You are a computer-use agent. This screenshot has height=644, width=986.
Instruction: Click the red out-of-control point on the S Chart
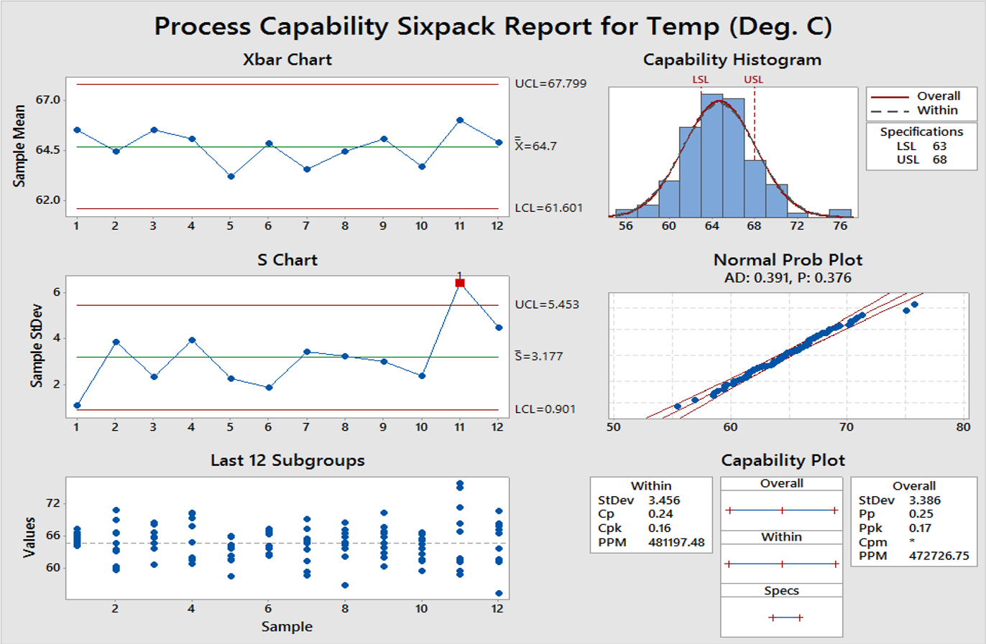pyautogui.click(x=460, y=283)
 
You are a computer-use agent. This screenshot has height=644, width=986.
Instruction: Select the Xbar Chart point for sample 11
pyautogui.click(x=460, y=121)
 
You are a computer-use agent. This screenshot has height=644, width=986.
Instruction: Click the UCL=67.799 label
pyautogui.click(x=550, y=83)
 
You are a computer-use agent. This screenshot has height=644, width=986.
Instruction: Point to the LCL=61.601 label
pyautogui.click(x=549, y=208)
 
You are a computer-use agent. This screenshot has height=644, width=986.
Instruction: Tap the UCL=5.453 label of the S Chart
pyautogui.click(x=547, y=304)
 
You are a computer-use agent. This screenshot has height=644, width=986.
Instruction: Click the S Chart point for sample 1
pyautogui.click(x=77, y=406)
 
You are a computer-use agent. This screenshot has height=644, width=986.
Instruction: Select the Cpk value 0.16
pyautogui.click(x=660, y=528)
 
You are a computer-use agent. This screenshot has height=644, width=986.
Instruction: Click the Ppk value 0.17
pyautogui.click(x=921, y=528)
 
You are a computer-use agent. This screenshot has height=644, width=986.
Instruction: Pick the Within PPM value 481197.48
pyautogui.click(x=676, y=542)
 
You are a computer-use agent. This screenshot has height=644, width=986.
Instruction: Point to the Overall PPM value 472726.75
pyautogui.click(x=939, y=556)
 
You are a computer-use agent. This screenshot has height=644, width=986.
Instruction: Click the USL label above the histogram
pyautogui.click(x=753, y=80)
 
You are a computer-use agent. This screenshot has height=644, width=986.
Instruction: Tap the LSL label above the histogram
pyautogui.click(x=700, y=80)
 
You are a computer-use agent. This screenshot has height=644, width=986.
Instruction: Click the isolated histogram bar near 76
pyautogui.click(x=840, y=213)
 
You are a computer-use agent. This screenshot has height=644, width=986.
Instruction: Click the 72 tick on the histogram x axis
pyautogui.click(x=797, y=225)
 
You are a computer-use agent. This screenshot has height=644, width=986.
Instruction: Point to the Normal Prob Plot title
pyautogui.click(x=788, y=260)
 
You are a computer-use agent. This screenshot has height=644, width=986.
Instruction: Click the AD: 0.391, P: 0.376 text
pyautogui.click(x=788, y=278)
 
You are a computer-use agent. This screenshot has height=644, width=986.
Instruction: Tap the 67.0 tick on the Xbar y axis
pyautogui.click(x=48, y=100)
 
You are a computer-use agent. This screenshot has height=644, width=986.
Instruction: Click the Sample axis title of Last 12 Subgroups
pyautogui.click(x=287, y=627)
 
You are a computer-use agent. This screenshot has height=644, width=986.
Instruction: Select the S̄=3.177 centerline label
pyautogui.click(x=539, y=356)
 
